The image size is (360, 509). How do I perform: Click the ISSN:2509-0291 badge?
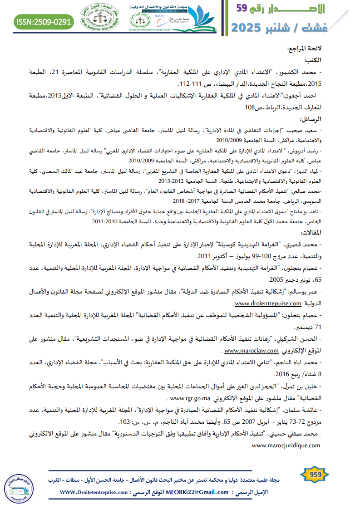click(44, 21)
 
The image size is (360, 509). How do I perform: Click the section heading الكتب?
click(312, 60)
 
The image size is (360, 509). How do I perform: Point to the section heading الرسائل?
click(311, 119)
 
